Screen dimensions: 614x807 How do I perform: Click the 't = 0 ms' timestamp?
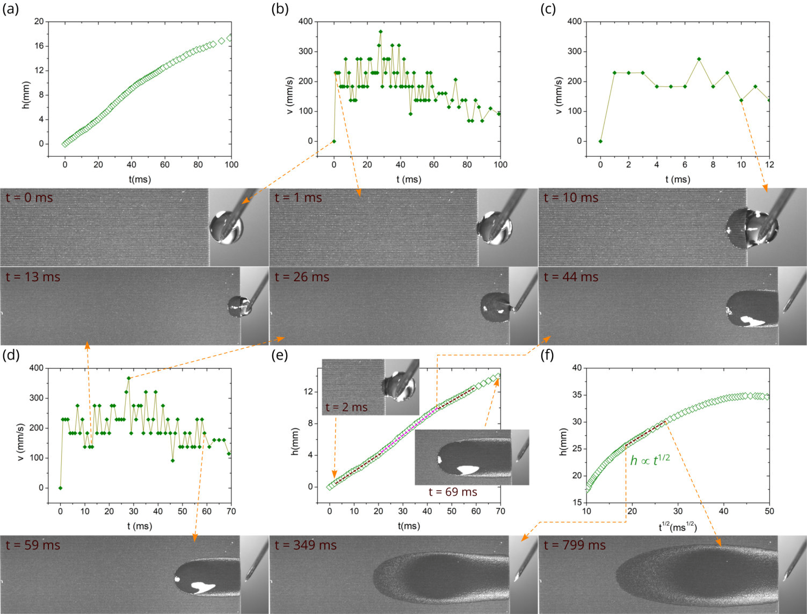pyautogui.click(x=29, y=198)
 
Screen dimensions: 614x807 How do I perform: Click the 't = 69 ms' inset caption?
pyautogui.click(x=453, y=492)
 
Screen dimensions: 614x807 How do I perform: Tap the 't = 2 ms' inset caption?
pyautogui.click(x=346, y=407)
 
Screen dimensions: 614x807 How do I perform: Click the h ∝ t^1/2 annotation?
pyautogui.click(x=650, y=460)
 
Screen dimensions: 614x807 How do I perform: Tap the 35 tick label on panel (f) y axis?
pyautogui.click(x=577, y=395)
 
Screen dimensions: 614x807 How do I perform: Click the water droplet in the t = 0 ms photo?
pyautogui.click(x=226, y=227)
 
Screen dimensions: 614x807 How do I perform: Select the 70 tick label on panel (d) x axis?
pyautogui.click(x=231, y=511)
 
